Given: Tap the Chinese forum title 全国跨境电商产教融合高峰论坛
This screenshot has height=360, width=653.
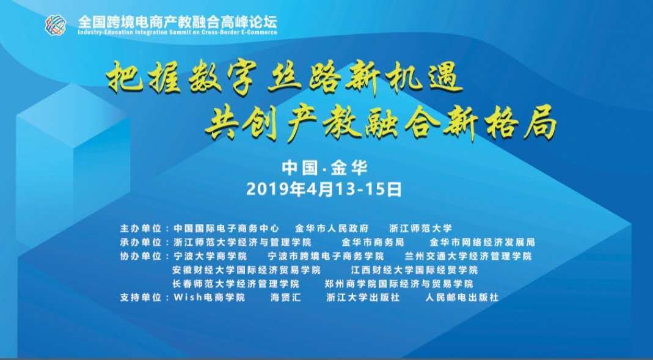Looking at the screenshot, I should [177, 21].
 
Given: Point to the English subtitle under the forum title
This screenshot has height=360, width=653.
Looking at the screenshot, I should [177, 32].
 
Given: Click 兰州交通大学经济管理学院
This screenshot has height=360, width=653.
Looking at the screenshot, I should [469, 255].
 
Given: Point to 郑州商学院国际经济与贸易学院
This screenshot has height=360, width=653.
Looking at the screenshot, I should [399, 284].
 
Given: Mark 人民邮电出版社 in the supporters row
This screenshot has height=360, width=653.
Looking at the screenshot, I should [462, 298].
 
